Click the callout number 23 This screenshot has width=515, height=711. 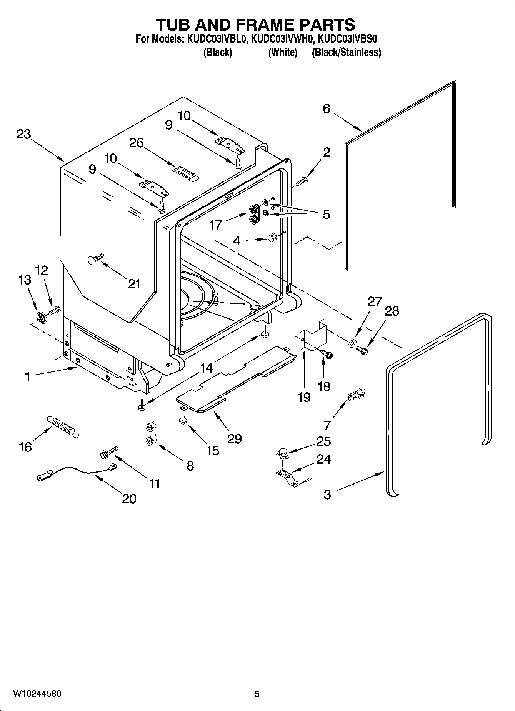point(23,135)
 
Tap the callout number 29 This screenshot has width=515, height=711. point(234,438)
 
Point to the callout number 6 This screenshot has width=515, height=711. point(326,109)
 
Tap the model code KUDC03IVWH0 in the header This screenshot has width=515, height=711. point(283,39)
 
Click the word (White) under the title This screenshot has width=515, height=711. point(283,52)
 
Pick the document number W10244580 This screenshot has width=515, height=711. point(37,694)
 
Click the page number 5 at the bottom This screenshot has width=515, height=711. point(257,694)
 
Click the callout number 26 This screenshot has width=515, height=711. point(136,143)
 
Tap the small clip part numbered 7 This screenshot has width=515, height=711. point(356,395)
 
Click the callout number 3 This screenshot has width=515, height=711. point(327,494)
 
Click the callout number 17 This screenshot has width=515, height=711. point(215,225)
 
